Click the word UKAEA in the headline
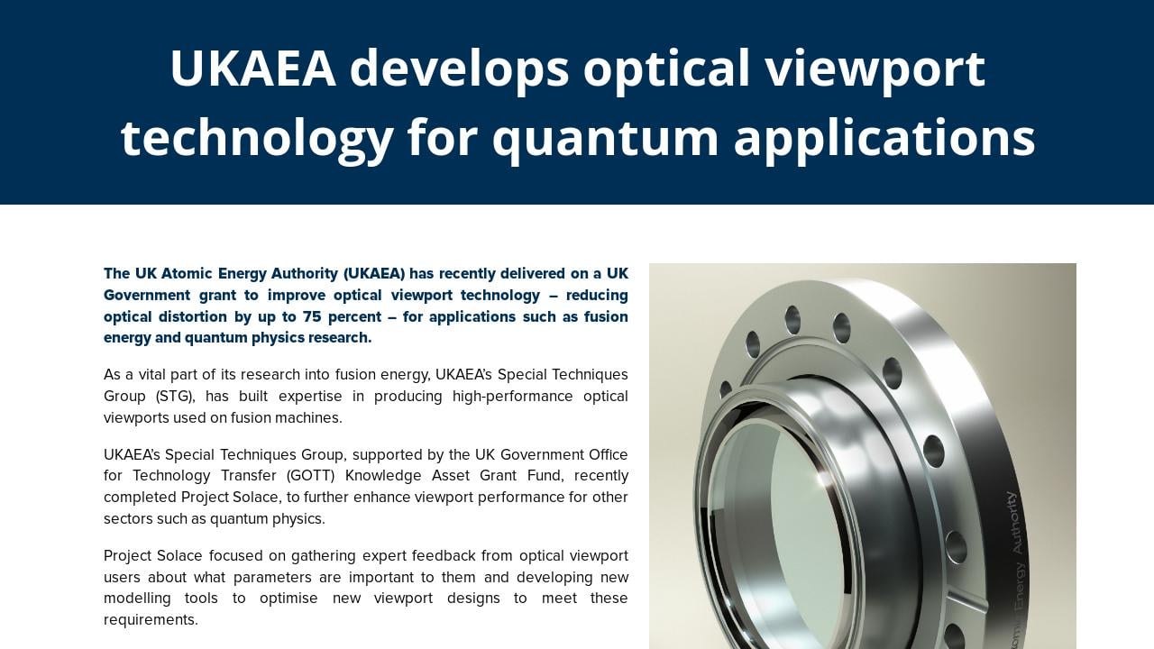point(252,69)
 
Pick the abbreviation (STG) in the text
point(174,396)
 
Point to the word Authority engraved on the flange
point(1016,522)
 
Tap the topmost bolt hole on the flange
point(792,320)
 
